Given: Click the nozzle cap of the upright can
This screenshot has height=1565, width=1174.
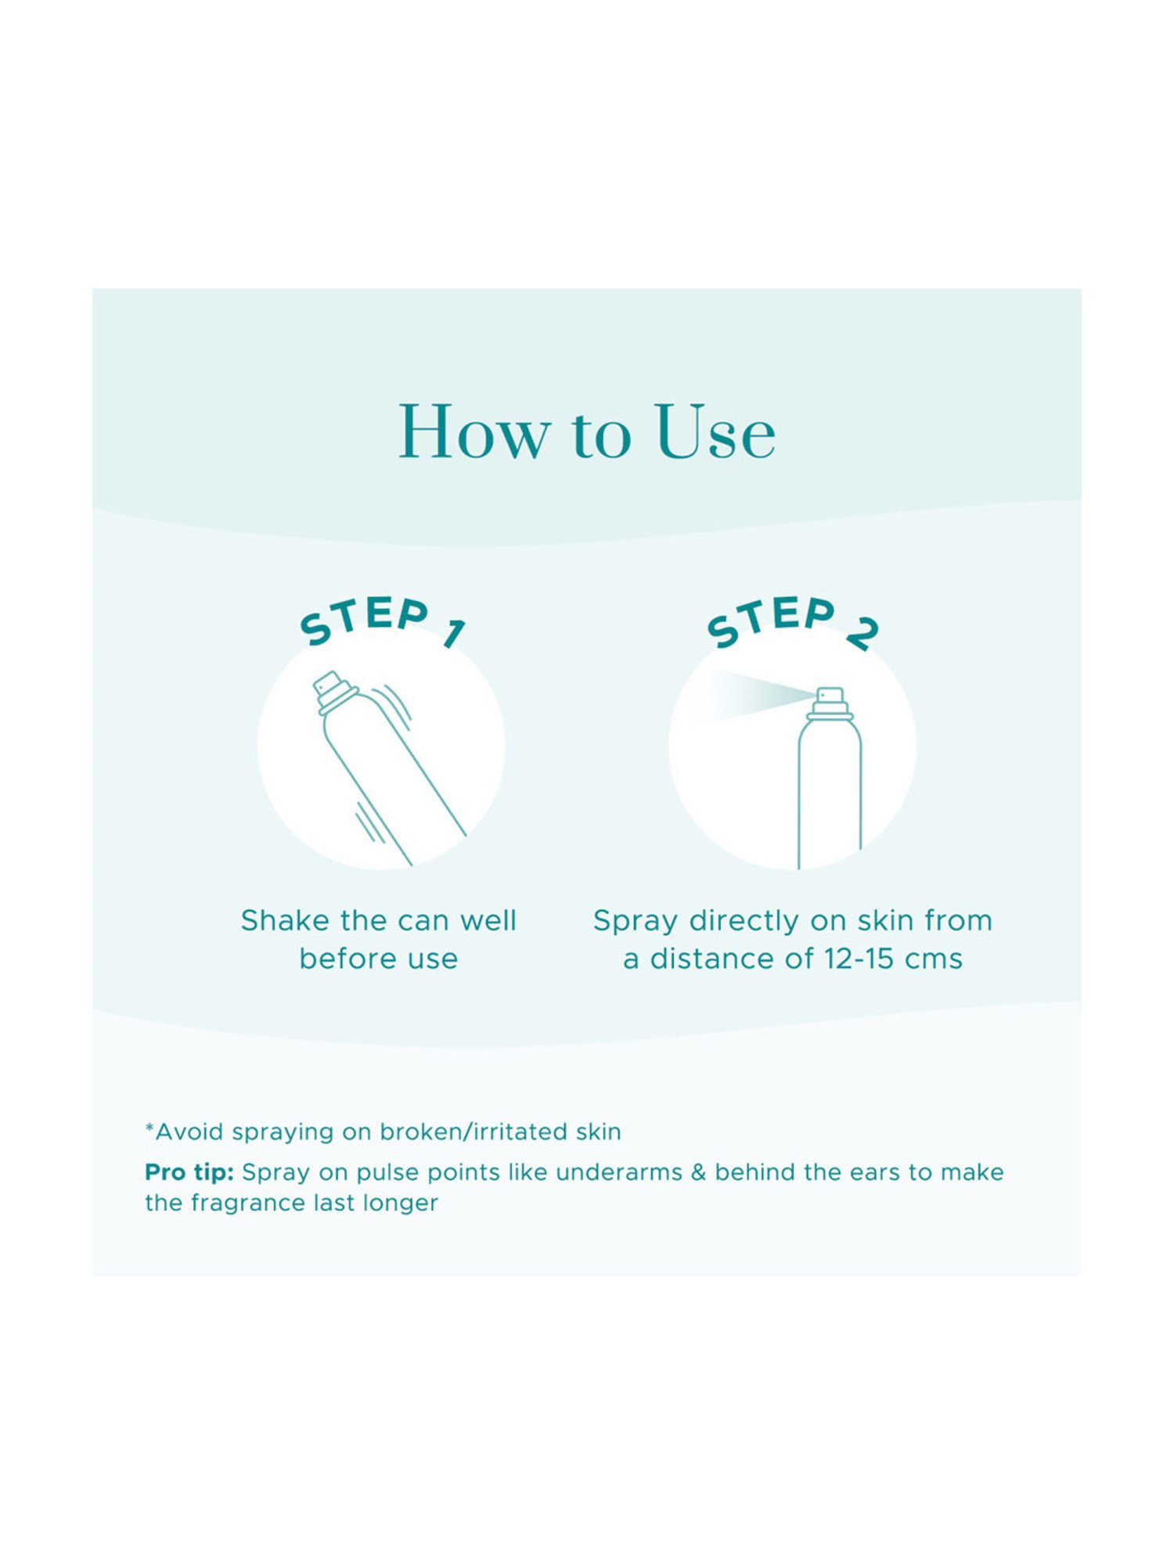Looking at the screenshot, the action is tap(830, 703).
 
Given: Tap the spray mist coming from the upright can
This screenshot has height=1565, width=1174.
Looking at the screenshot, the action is tap(751, 695).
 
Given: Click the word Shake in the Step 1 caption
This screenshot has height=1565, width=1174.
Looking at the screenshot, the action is tap(286, 920).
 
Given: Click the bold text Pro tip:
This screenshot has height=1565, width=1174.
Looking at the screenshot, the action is tap(189, 1172).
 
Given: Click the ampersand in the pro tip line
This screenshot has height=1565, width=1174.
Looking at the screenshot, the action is tap(698, 1172).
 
